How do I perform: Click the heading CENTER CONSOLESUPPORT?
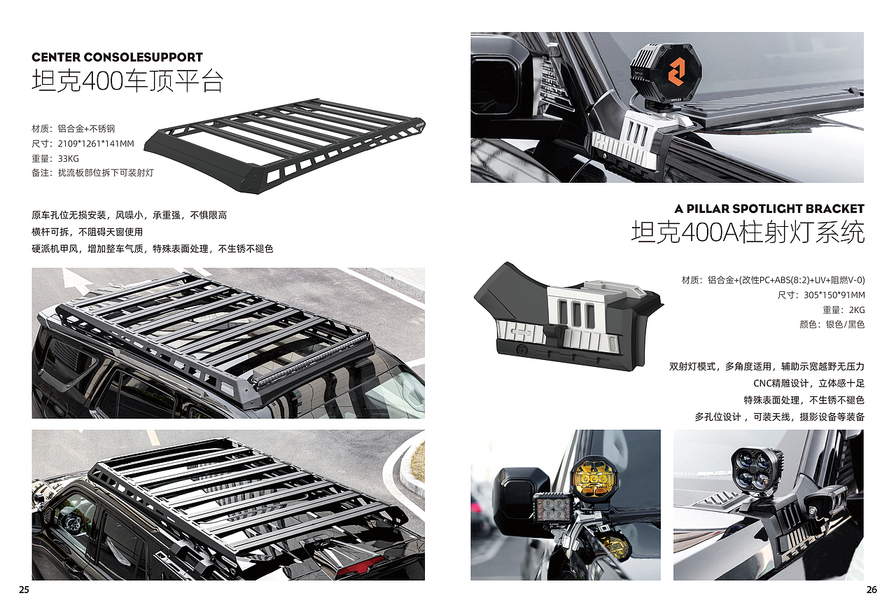pyautogui.click(x=117, y=57)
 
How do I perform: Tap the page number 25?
pyautogui.click(x=24, y=590)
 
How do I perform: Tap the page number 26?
pyautogui.click(x=871, y=590)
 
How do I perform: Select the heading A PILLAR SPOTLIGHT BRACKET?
pyautogui.click(x=769, y=209)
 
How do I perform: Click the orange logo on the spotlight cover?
pyautogui.click(x=677, y=71)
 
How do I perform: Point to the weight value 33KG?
pyautogui.click(x=69, y=158)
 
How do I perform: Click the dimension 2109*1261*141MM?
pyautogui.click(x=96, y=144)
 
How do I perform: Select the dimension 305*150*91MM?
pyautogui.click(x=834, y=295)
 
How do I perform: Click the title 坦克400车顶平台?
pyautogui.click(x=127, y=81)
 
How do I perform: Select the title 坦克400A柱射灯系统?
pyautogui.click(x=748, y=232)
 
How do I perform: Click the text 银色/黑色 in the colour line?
pyautogui.click(x=845, y=324)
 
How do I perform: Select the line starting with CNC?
pyautogui.click(x=808, y=383)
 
